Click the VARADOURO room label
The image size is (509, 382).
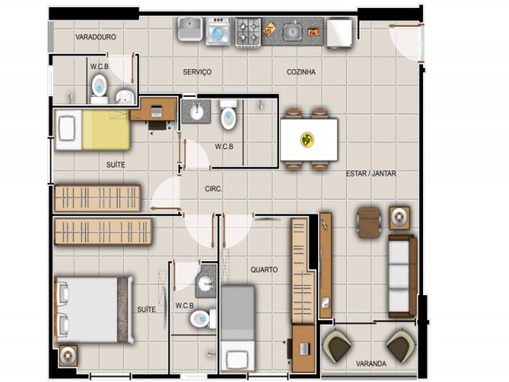click(95, 37)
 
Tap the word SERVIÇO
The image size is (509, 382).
click(197, 72)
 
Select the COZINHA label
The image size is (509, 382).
click(301, 72)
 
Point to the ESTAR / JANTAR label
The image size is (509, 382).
click(371, 173)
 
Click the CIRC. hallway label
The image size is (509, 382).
click(213, 189)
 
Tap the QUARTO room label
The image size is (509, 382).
click(264, 270)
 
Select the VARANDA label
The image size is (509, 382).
click(371, 364)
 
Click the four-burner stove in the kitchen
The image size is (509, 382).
click(248, 33)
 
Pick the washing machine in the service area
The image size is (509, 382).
click(218, 32)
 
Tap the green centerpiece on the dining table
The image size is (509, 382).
click(307, 140)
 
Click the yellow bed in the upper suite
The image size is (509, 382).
click(93, 130)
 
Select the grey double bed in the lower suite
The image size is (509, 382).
click(94, 310)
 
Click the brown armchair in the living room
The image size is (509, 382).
click(369, 223)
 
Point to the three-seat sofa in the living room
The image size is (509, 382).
click(402, 276)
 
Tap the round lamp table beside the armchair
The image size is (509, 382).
click(399, 217)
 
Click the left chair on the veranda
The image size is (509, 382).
click(337, 346)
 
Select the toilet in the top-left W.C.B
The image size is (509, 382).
click(99, 88)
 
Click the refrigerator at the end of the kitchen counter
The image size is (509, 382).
click(340, 33)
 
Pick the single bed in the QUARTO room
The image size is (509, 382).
click(237, 328)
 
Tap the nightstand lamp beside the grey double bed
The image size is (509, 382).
click(68, 356)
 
